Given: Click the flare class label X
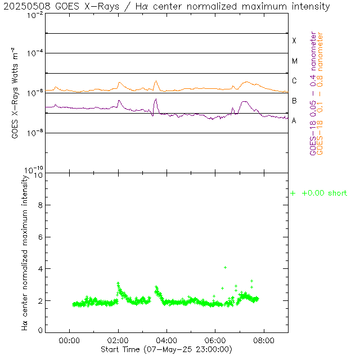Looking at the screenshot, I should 294,40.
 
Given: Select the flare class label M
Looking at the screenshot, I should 294,61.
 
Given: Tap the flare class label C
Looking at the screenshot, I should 294,81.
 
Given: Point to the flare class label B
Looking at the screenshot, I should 294,101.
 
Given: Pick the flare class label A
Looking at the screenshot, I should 294,121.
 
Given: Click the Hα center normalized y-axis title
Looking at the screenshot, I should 25,253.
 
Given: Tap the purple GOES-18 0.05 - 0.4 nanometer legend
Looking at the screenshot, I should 313,93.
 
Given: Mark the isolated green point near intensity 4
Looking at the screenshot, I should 225,267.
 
